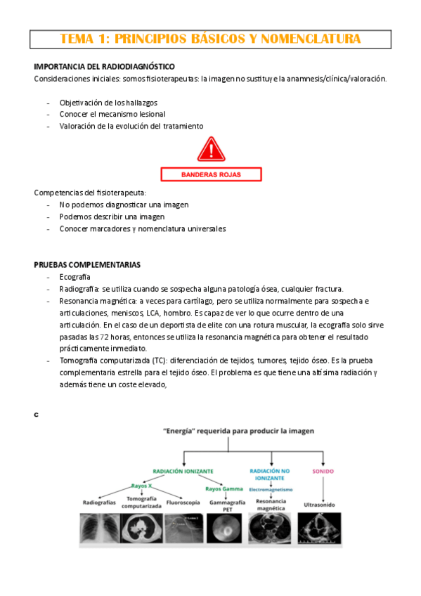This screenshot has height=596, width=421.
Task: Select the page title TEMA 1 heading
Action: (211, 39)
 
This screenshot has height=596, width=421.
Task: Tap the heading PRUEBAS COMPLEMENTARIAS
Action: (87, 265)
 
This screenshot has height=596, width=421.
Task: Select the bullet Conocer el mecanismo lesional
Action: (112, 114)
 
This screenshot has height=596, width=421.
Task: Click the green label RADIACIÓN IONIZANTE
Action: (183, 471)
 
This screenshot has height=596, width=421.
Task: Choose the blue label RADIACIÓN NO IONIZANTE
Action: (271, 474)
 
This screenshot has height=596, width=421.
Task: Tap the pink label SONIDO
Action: (323, 471)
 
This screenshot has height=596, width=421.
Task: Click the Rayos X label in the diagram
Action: (141, 486)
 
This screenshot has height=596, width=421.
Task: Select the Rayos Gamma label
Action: (223, 488)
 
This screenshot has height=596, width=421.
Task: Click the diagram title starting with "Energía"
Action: (238, 429)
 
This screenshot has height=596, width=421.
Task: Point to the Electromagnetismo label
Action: (271, 489)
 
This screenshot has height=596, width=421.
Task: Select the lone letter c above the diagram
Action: (36, 414)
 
